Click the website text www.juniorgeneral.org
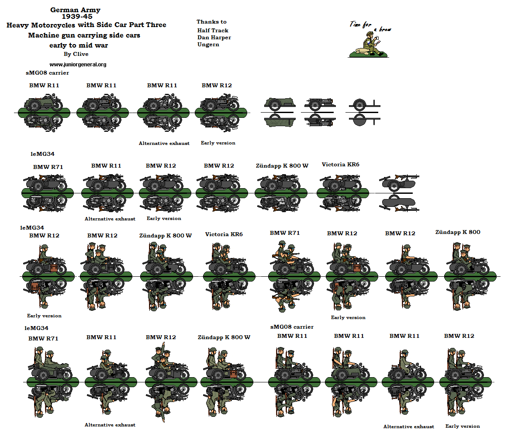coord(78,65)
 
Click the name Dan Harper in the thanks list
coord(214,38)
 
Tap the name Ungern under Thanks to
coord(208,45)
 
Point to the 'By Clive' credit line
coord(76,54)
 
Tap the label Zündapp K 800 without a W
coord(458,232)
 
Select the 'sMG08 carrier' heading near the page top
coord(48,73)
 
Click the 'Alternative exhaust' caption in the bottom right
coord(408,426)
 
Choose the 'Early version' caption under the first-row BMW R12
coord(218,143)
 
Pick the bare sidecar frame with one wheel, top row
coord(362,105)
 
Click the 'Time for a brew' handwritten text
coord(369,26)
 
